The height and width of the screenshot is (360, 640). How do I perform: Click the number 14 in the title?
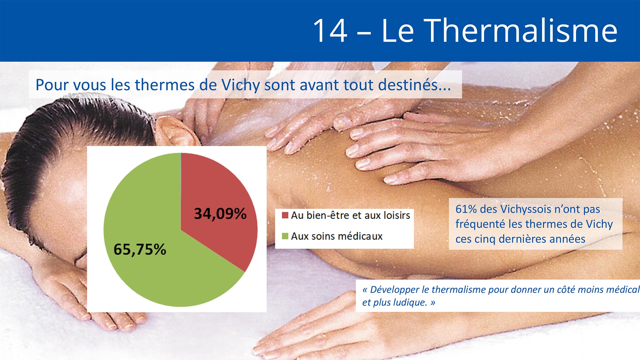tap(330, 31)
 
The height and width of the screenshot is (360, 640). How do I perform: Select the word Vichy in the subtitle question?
tap(240, 85)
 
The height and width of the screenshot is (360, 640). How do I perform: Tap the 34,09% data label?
tap(220, 213)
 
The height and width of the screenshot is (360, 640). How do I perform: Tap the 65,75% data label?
tap(140, 249)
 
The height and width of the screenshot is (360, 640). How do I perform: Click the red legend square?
tap(285, 215)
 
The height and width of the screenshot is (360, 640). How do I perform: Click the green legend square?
tap(285, 236)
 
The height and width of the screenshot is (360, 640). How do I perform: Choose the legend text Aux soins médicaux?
tap(337, 236)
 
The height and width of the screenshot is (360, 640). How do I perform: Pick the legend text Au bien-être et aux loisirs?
tap(350, 215)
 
